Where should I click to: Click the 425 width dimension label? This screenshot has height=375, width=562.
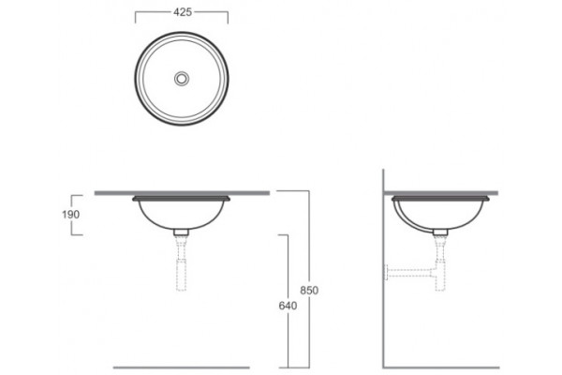pyautogui.click(x=183, y=12)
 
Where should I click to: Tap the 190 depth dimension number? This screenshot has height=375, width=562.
pyautogui.click(x=70, y=215)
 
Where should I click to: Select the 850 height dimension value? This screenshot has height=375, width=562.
pyautogui.click(x=309, y=290)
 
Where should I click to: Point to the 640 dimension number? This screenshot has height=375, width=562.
pyautogui.click(x=288, y=306)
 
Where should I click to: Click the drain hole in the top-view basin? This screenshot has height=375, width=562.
pyautogui.click(x=182, y=78)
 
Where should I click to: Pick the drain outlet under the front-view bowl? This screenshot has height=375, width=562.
pyautogui.click(x=182, y=232)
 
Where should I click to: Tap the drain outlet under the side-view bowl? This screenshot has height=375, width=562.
pyautogui.click(x=440, y=232)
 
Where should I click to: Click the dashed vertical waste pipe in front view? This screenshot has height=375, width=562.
pyautogui.click(x=182, y=263)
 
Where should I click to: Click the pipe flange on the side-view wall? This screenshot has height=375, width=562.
pyautogui.click(x=386, y=273)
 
